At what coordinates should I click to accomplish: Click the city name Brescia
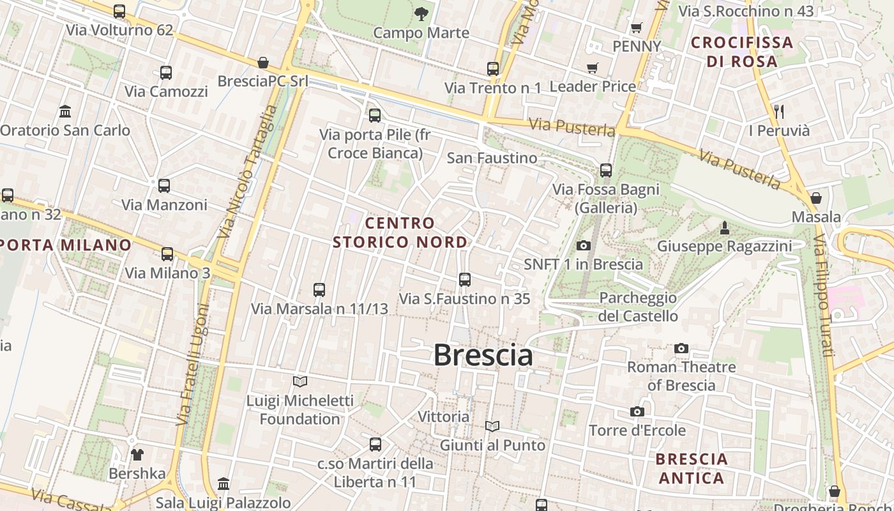click(x=483, y=355)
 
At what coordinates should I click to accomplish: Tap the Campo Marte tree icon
click(x=421, y=13)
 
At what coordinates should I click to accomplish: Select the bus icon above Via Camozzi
click(x=166, y=72)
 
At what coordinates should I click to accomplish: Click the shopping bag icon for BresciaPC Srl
click(x=263, y=62)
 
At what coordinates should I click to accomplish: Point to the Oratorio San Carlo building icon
click(x=65, y=112)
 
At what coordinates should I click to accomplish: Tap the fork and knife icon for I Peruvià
click(x=778, y=112)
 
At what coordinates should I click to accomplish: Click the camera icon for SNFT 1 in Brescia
click(x=583, y=245)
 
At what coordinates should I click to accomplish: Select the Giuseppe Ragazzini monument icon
click(x=725, y=227)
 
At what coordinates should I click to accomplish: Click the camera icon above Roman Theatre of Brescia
click(x=681, y=348)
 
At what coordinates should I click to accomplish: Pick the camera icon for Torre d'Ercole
click(x=637, y=411)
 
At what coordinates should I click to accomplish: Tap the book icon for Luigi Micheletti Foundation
click(x=300, y=381)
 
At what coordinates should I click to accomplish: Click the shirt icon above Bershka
click(x=137, y=455)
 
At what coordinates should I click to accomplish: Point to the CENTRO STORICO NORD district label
click(x=400, y=233)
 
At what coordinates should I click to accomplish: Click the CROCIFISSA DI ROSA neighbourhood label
click(x=742, y=52)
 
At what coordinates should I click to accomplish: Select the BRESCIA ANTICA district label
click(x=692, y=468)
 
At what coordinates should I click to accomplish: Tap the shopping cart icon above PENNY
click(x=636, y=27)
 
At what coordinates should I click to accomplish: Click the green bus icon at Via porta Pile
click(x=375, y=115)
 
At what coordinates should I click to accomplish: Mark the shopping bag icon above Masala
click(x=815, y=198)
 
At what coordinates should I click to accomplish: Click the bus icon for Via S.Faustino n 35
click(x=465, y=279)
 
